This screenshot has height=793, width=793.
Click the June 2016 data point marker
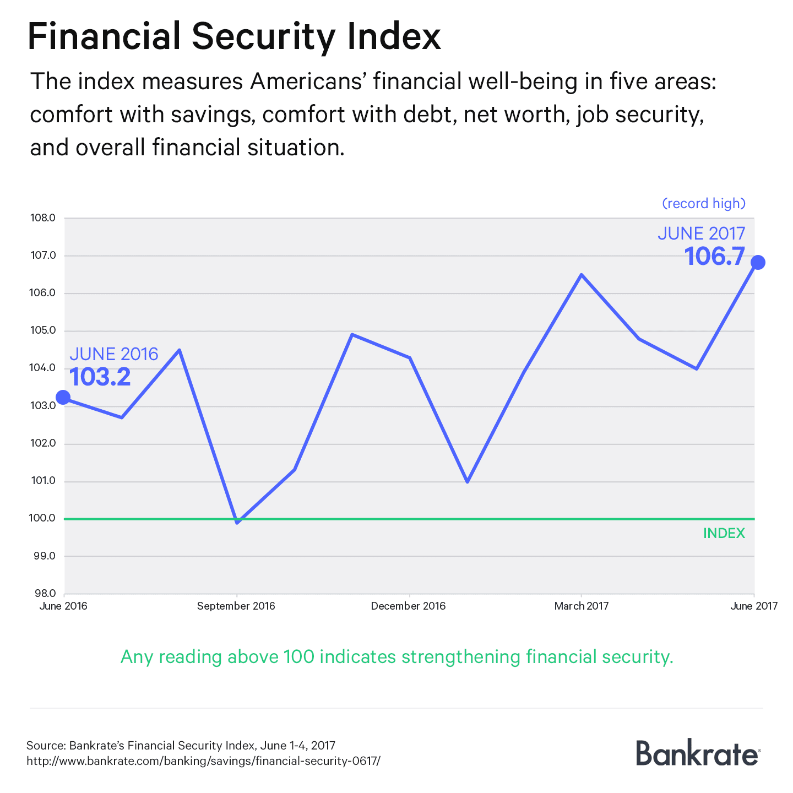click(x=63, y=397)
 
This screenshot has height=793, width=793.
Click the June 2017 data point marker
click(x=758, y=262)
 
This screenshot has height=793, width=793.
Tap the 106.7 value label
click(x=715, y=257)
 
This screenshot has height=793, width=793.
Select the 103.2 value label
click(x=100, y=377)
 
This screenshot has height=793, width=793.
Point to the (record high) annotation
click(x=704, y=204)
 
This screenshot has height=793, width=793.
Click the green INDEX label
click(x=724, y=534)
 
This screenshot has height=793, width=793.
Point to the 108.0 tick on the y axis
click(x=43, y=218)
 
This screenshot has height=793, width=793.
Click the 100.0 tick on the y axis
click(x=43, y=518)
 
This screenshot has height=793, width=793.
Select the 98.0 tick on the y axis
click(x=44, y=594)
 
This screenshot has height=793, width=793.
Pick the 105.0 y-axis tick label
click(x=43, y=331)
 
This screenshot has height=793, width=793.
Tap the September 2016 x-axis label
click(x=236, y=606)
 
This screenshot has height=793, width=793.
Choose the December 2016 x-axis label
click(x=408, y=606)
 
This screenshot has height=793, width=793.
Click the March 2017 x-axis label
click(x=582, y=606)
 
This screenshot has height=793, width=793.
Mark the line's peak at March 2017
click(x=582, y=275)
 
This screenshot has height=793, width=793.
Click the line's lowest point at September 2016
click(x=237, y=522)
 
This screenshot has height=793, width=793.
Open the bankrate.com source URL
click(x=204, y=761)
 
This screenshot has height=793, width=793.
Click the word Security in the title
click(x=263, y=37)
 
